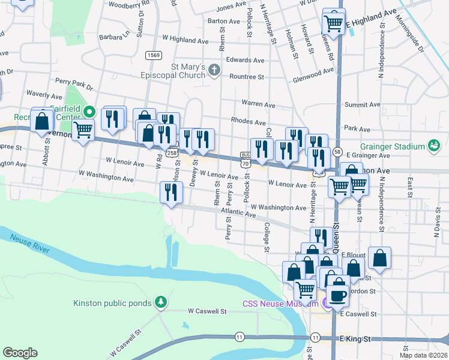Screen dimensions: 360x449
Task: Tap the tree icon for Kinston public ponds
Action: coord(160,302)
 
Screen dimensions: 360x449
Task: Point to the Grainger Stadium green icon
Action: coord(432,146)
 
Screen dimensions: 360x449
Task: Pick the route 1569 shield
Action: coord(153,55)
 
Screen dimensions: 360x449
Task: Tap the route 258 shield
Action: coord(172,153)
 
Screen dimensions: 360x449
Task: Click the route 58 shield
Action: coord(338,152)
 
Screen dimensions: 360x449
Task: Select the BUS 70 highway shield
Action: coord(244,159)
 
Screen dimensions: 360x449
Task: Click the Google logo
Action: coord(20,353)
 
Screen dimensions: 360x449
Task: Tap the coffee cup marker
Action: coord(338,296)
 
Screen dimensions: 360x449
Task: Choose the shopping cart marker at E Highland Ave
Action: coord(333,23)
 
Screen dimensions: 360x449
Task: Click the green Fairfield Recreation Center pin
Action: coord(89,112)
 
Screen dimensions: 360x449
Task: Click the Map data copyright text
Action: coord(423,355)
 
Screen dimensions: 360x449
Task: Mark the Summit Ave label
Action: coord(362,104)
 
